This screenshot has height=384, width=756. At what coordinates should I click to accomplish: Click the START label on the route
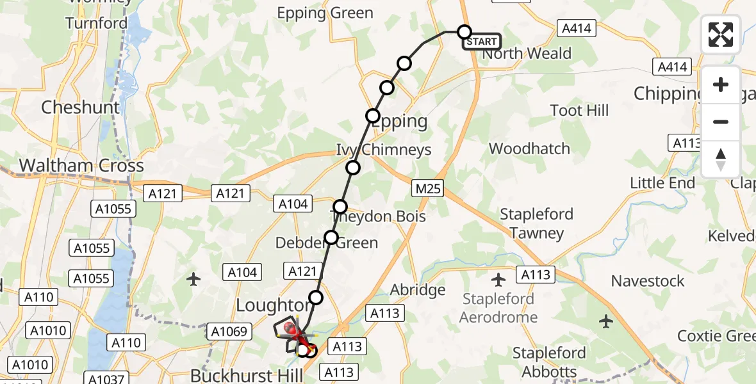tap(482, 42)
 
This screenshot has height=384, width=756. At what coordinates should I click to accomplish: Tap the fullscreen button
tap(721, 35)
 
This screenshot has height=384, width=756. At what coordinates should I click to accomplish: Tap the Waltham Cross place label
tap(81, 166)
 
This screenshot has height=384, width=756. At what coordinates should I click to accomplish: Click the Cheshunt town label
tap(81, 107)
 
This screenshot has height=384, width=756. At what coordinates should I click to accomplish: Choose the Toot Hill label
tap(579, 111)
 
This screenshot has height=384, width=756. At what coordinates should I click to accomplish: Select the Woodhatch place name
tap(529, 148)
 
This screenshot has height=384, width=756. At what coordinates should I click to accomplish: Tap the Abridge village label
tap(418, 290)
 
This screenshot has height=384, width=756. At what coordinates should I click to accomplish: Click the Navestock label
tap(648, 281)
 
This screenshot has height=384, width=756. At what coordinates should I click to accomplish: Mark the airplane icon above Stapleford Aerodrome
tap(498, 280)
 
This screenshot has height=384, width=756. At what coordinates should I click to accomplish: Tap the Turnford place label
tap(97, 24)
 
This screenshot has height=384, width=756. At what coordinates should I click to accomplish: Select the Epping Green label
tap(325, 13)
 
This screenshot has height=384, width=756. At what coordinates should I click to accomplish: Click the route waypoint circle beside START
tap(464, 31)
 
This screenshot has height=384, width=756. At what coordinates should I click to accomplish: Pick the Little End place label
tap(662, 183)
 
